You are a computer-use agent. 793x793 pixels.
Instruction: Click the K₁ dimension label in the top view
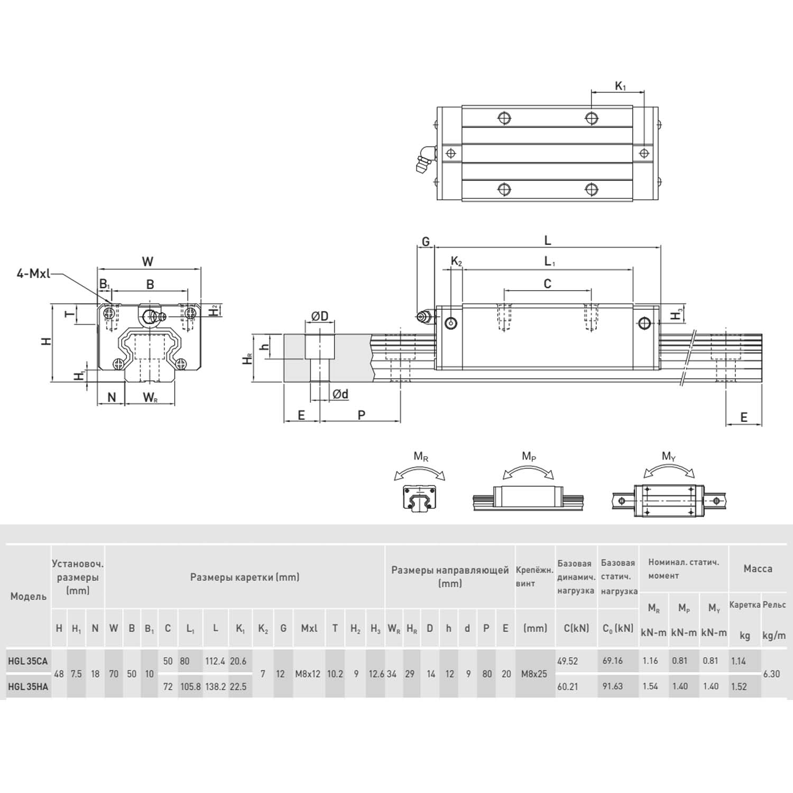620,86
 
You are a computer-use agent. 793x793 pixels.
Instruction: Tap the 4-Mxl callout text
33,274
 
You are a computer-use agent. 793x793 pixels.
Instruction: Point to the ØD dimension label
320,316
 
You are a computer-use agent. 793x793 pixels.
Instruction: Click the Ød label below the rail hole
340,394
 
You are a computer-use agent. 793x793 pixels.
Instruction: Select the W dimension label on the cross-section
148,261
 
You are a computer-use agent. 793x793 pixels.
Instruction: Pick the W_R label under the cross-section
150,397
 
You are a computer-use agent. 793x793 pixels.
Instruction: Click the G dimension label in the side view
426,242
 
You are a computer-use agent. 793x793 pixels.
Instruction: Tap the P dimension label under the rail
362,415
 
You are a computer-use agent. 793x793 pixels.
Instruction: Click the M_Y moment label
669,456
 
